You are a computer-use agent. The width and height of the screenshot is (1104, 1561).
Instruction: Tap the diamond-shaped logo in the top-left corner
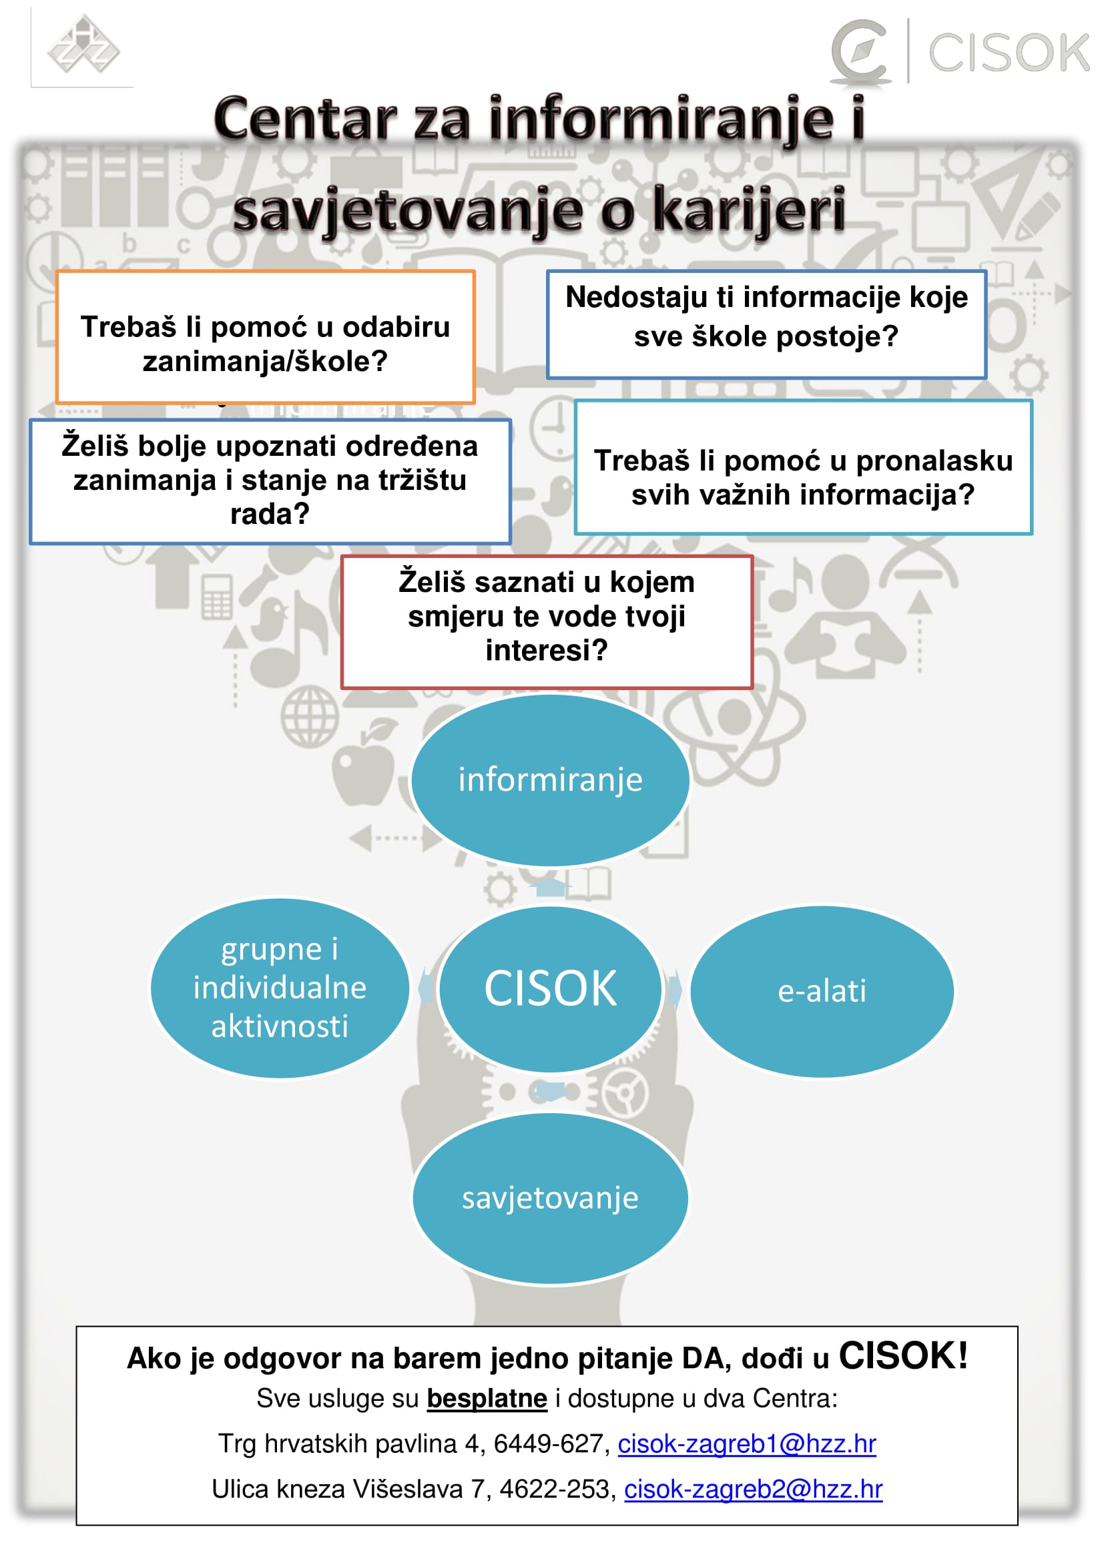82,46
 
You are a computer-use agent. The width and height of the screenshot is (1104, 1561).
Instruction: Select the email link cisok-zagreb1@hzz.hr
746,1443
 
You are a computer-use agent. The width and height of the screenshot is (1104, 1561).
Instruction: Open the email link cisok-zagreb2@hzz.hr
753,1488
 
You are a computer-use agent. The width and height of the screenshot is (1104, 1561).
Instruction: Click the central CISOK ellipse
550,988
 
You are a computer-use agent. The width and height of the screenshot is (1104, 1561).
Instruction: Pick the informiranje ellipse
550,779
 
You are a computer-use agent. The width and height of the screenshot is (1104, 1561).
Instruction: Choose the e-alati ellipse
822,990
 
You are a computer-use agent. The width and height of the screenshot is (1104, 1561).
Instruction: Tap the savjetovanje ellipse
550,1198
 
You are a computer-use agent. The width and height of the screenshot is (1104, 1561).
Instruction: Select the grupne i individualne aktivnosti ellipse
280,988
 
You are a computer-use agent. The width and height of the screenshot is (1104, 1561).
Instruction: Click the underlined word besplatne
487,1398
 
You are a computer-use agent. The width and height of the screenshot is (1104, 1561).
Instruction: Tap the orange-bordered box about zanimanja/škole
265,337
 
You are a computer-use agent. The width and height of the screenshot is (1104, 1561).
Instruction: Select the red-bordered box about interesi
547,621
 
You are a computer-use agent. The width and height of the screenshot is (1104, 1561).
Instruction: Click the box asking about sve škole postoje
766,324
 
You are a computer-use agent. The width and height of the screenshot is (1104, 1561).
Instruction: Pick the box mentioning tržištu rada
270,481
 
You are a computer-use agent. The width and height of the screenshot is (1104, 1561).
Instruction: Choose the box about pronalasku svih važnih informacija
803,466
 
